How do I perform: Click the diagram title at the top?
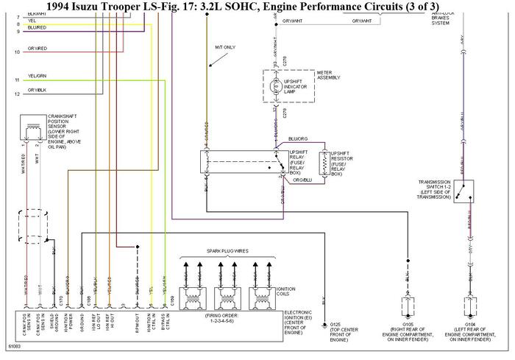pyautogui.click(x=257, y=7)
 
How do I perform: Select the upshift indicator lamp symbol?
pyautogui.click(x=277, y=87)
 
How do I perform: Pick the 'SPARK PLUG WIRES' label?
pyautogui.click(x=227, y=251)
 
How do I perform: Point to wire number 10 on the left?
pyautogui.click(x=16, y=52)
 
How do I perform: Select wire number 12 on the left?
pyautogui.click(x=16, y=94)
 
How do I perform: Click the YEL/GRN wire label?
pyautogui.click(x=38, y=76)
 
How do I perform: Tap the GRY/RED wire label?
pyautogui.click(x=38, y=49)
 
